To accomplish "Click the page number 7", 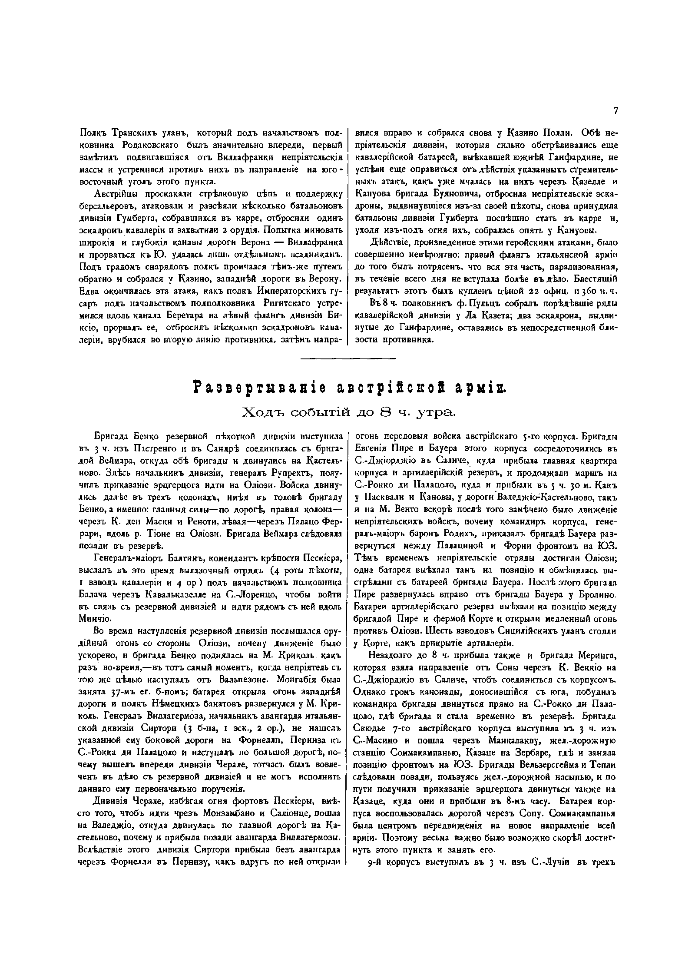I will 616,111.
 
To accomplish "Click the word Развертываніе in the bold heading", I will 247,387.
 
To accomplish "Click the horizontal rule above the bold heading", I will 347,358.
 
